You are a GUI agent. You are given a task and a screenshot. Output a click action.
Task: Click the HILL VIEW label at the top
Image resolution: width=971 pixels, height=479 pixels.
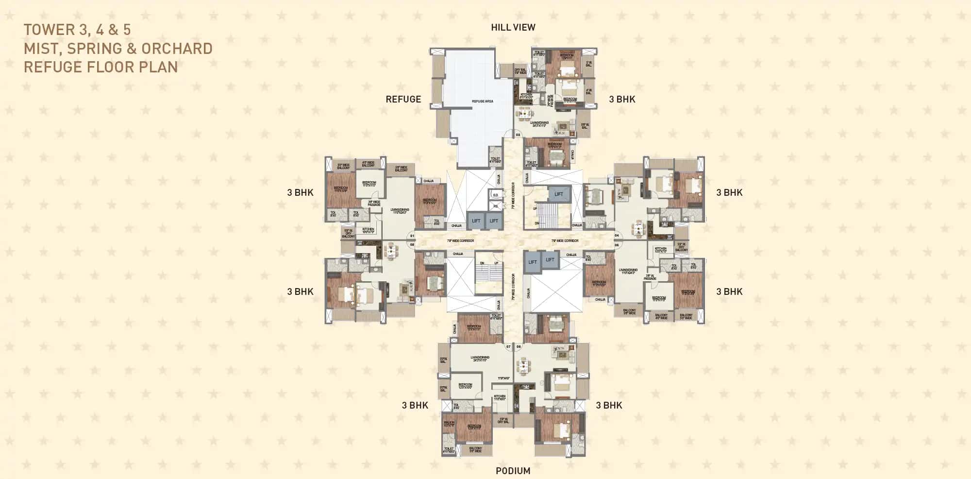point(513,28)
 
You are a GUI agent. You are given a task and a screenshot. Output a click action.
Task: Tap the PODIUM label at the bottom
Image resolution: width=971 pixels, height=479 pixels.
point(513,470)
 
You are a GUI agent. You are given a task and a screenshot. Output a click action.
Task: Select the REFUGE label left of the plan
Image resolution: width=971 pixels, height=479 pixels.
point(403,99)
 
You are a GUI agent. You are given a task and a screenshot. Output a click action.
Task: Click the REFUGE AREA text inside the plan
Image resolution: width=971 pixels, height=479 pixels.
point(482,101)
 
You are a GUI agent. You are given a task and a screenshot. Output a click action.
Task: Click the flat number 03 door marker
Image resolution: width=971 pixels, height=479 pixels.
point(518,135)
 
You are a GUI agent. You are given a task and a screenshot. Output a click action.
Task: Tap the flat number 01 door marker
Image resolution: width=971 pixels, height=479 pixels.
point(412,236)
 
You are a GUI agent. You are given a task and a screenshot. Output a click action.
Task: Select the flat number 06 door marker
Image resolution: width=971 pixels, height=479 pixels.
point(617,245)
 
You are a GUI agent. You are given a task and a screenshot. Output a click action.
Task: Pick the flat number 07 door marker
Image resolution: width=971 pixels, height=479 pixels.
point(508,346)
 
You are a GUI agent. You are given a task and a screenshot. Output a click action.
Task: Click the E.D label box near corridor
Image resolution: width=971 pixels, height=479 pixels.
point(495,195)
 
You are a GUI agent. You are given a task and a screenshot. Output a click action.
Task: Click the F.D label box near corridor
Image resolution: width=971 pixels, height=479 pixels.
point(495,206)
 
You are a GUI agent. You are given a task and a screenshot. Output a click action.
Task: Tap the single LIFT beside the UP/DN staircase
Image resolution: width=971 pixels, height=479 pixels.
point(558,194)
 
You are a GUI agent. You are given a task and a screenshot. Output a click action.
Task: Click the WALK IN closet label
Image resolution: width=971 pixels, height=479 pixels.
point(449,424)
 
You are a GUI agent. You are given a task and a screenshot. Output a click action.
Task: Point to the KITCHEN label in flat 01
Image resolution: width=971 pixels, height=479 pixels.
point(368,230)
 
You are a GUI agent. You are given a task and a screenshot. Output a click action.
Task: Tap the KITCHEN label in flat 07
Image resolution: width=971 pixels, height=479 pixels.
point(500,397)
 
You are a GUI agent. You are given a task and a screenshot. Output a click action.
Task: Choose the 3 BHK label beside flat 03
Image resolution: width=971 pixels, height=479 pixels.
point(622,99)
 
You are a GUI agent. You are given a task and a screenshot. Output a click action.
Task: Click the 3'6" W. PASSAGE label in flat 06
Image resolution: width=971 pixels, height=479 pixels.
point(650,277)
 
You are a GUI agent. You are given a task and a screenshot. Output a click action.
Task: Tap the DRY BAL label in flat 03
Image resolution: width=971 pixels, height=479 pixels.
point(520,71)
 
